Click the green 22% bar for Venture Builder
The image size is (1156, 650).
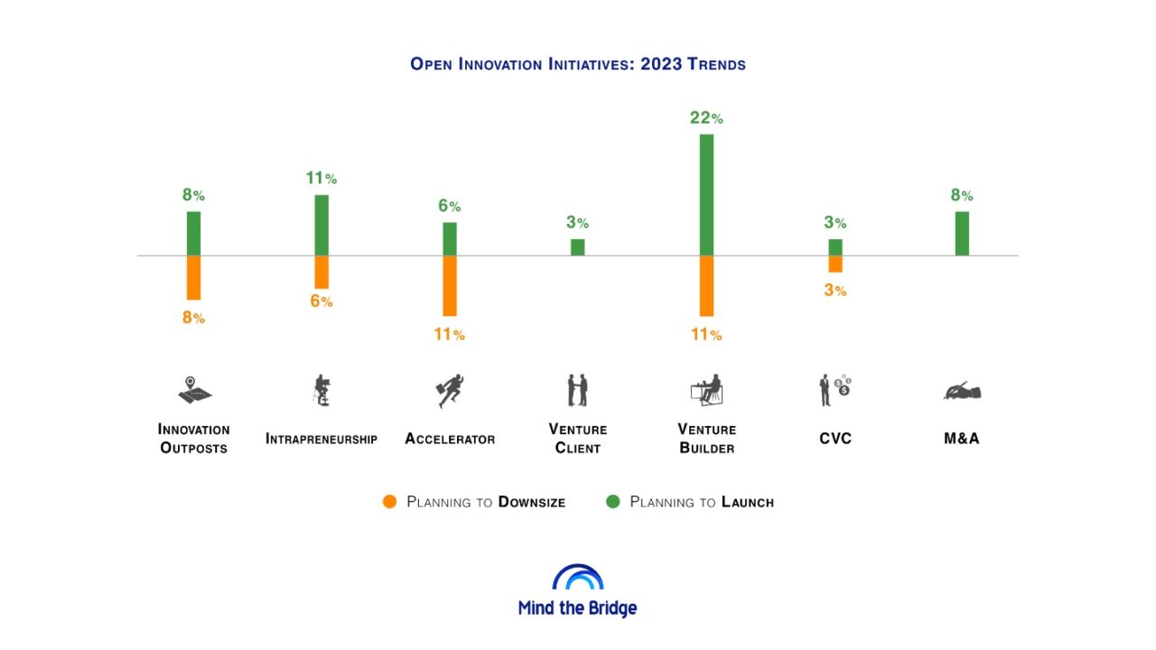click(706, 194)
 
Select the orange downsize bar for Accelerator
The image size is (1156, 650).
click(450, 285)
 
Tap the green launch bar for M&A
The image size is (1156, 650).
click(962, 233)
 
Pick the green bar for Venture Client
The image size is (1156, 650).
click(578, 246)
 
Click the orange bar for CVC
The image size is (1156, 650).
click(835, 264)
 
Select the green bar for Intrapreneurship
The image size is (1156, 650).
click(322, 225)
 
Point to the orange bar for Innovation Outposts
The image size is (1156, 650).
click(193, 277)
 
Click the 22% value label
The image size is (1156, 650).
click(706, 118)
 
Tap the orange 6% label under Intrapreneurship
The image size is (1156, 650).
click(322, 302)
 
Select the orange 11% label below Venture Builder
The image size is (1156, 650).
click(706, 335)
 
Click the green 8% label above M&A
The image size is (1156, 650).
click(962, 195)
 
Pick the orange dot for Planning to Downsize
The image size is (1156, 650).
click(390, 502)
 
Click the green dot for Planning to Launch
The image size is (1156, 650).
click(613, 502)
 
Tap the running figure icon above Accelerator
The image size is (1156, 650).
click(450, 391)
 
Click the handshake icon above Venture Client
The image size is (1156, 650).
click(578, 391)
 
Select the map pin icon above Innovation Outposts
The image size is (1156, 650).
click(193, 391)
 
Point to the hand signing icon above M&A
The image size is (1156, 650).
click(962, 391)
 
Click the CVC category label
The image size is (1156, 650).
click(835, 439)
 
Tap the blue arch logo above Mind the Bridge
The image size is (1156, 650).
click(578, 578)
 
